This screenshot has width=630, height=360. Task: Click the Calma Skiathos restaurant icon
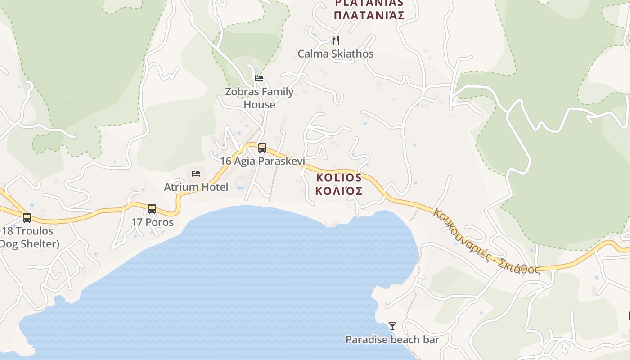[336, 40]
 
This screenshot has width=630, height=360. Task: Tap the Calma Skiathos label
[336, 54]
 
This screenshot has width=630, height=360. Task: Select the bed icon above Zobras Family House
[259, 78]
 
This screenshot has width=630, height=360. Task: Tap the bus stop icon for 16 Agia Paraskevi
[262, 147]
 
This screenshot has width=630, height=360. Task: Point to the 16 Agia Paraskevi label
[262, 161]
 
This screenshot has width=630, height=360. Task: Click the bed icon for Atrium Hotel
[196, 173]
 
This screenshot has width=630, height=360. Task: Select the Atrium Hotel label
[196, 187]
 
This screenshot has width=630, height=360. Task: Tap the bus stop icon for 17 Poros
[152, 209]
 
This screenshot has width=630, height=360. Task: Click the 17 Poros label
[152, 222]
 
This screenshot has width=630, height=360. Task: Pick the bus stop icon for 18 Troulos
[27, 218]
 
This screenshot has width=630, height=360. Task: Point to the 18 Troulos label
[28, 231]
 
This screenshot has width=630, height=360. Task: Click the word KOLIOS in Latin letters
[339, 177]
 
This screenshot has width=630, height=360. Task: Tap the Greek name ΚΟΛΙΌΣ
[339, 191]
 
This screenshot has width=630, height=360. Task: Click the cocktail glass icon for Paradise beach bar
[392, 326]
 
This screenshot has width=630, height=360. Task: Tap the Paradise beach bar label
[392, 340]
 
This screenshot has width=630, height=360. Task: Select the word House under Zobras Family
[259, 105]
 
